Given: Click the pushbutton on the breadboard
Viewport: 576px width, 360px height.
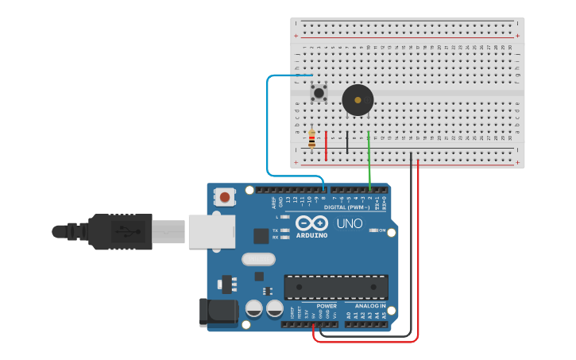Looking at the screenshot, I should point(319,93).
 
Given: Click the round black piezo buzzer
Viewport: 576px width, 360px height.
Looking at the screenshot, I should point(358,101).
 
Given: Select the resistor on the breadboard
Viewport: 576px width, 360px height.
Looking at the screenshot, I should point(311,140).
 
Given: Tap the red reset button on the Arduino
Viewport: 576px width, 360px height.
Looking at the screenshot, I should point(226,196).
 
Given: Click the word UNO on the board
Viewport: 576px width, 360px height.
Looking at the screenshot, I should point(350,224).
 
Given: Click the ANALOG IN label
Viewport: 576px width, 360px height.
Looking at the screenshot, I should point(369,306).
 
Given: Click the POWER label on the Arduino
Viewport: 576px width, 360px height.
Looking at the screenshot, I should point(327,306).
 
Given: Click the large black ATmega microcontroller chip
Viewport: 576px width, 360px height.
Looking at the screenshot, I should point(336,287).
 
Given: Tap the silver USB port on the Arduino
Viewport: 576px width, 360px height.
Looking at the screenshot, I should point(211,231).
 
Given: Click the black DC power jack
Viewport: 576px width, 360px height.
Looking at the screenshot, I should point(218,312).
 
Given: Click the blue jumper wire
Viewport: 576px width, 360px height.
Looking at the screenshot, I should point(269,127).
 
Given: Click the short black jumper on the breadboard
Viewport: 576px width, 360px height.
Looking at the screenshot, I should point(347,143).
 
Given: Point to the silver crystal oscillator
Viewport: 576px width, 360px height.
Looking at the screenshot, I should point(258,259).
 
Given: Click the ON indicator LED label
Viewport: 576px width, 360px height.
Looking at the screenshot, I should point(381,230).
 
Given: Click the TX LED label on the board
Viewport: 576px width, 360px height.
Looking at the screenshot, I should point(276,230).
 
